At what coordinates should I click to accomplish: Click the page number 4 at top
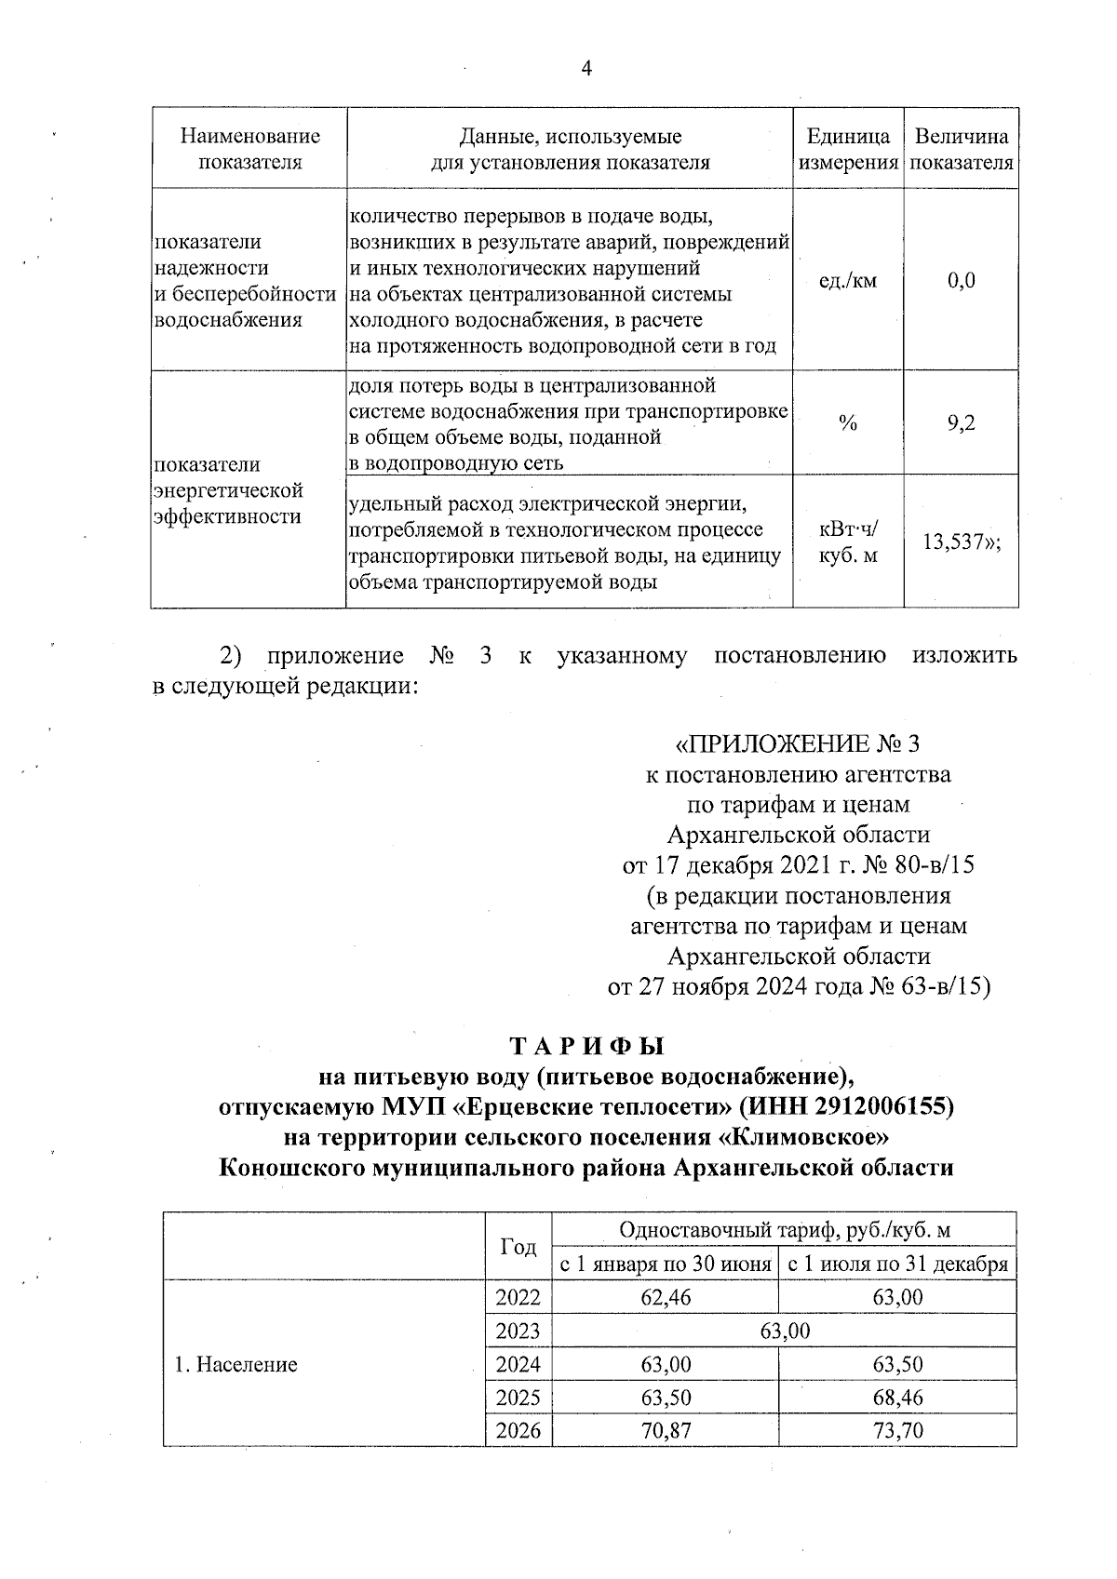tap(585, 69)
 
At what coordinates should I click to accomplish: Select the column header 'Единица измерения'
tap(847, 149)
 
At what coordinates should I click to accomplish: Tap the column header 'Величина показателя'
tap(961, 149)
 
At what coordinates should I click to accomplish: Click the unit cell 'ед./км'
tap(847, 280)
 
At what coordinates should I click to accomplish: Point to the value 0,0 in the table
tap(961, 280)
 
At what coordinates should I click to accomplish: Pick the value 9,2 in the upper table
tap(961, 423)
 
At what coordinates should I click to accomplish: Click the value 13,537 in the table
tap(955, 542)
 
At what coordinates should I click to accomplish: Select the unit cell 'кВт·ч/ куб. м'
tap(847, 542)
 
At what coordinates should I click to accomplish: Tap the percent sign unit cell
tap(847, 423)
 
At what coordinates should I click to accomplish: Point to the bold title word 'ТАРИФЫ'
tap(585, 1046)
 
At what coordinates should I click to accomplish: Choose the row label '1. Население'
tap(236, 1365)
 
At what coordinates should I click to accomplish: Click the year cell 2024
tap(518, 1365)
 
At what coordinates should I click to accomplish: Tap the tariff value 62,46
tap(666, 1297)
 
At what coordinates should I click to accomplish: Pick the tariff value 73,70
tap(897, 1431)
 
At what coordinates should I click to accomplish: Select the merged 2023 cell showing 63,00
tap(784, 1331)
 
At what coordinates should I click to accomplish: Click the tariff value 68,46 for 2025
tap(897, 1398)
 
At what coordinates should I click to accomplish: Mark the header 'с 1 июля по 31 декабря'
tap(897, 1265)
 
